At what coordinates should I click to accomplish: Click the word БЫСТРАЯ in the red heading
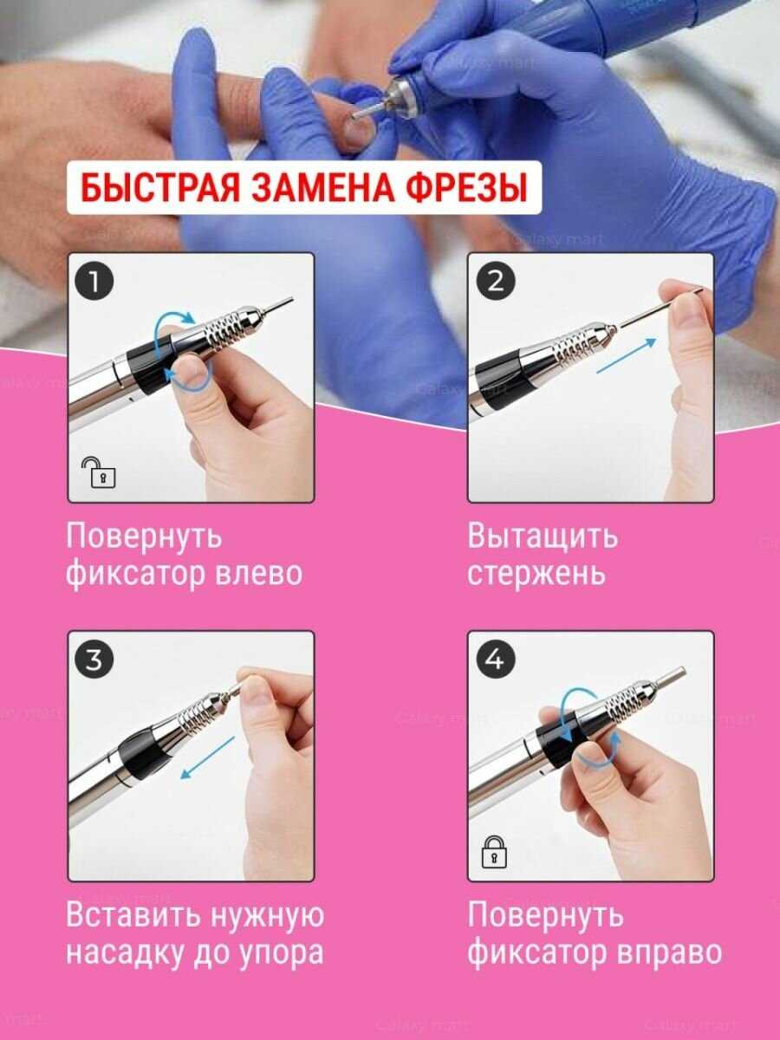click(160, 187)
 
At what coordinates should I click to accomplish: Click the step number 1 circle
click(94, 282)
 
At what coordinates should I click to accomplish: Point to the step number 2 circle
click(496, 282)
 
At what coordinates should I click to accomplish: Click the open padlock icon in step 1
click(100, 472)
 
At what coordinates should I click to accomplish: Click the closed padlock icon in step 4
click(494, 851)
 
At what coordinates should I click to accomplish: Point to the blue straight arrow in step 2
click(627, 356)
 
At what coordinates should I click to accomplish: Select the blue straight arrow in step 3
click(208, 757)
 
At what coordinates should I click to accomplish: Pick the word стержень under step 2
click(536, 575)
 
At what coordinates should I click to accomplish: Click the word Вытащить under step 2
click(543, 537)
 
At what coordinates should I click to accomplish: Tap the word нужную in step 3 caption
click(267, 915)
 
